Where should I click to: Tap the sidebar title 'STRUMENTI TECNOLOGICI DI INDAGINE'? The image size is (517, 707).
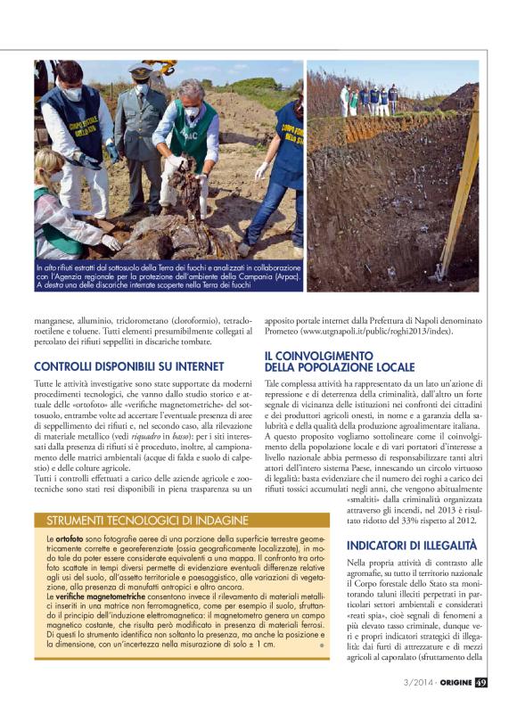point(147,520)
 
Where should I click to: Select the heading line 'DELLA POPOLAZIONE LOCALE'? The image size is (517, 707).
point(339,366)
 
